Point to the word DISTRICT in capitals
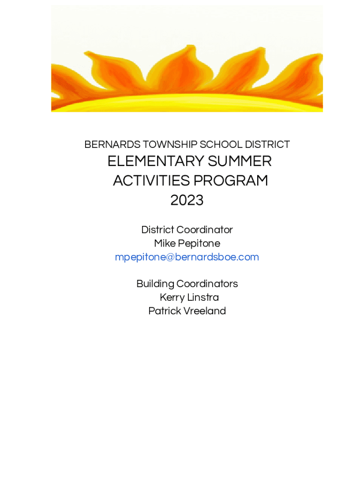point(267,145)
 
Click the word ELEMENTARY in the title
point(156,161)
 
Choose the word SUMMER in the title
point(240,161)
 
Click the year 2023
point(187,200)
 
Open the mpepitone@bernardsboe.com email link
point(187,257)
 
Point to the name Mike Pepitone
point(187,243)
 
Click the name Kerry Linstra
point(189,298)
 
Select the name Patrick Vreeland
point(187,311)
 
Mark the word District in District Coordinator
point(158,230)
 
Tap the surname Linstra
point(203,298)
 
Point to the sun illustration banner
point(187,58)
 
